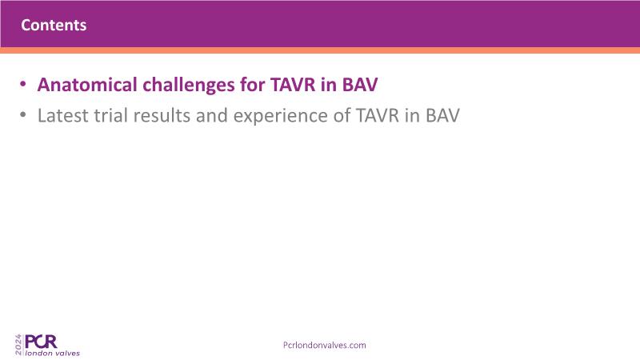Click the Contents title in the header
tap(54, 26)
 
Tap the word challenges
tap(189, 86)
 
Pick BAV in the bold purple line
tap(359, 85)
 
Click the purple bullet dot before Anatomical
tap(23, 85)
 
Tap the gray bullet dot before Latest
tap(23, 115)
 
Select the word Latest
tap(63, 115)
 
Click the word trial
tap(111, 115)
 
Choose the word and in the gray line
tap(211, 115)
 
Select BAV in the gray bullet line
tap(442, 115)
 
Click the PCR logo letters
tap(41, 342)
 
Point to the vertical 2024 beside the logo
tap(18, 345)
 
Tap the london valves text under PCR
tap(53, 353)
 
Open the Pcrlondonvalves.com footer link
tap(325, 345)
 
